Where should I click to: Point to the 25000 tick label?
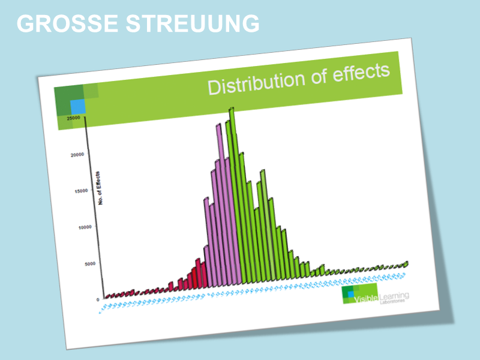tap(73, 119)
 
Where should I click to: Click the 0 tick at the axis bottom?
tap(98, 299)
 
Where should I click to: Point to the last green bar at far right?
tap(407, 264)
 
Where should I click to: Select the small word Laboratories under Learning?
tap(392, 301)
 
